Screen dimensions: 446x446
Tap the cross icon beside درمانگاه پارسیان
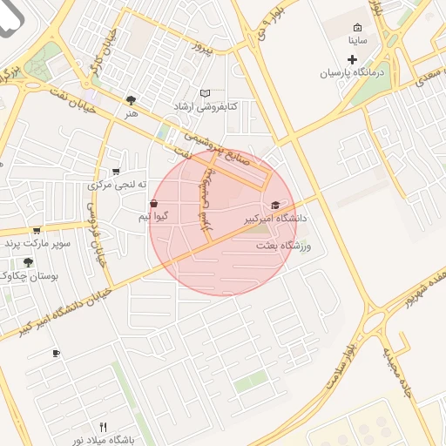click(352, 60)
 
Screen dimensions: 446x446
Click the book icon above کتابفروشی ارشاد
click(206, 93)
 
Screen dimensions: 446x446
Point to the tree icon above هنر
click(131, 100)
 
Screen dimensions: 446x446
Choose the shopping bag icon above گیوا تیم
click(154, 203)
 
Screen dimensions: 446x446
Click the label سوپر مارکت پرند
click(37, 243)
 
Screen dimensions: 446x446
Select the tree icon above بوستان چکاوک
click(28, 261)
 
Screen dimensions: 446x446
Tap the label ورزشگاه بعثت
click(283, 247)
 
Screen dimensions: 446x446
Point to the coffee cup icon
click(57, 353)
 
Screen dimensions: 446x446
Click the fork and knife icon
click(103, 427)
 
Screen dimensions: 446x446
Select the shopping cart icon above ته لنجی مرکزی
click(116, 172)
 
